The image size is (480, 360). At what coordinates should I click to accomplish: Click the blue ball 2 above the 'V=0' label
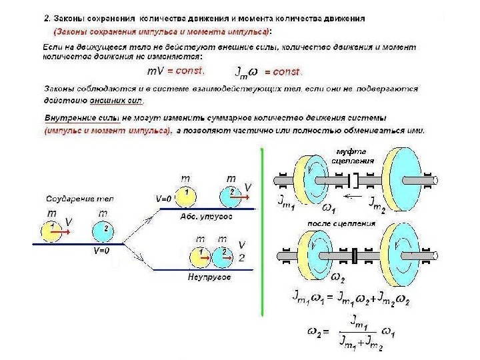[x=105, y=229]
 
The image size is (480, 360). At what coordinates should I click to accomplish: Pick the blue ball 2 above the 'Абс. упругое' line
[x=231, y=194]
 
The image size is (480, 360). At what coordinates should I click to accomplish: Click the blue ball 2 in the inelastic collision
[x=223, y=255]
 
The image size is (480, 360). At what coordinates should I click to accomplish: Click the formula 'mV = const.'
[x=176, y=70]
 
